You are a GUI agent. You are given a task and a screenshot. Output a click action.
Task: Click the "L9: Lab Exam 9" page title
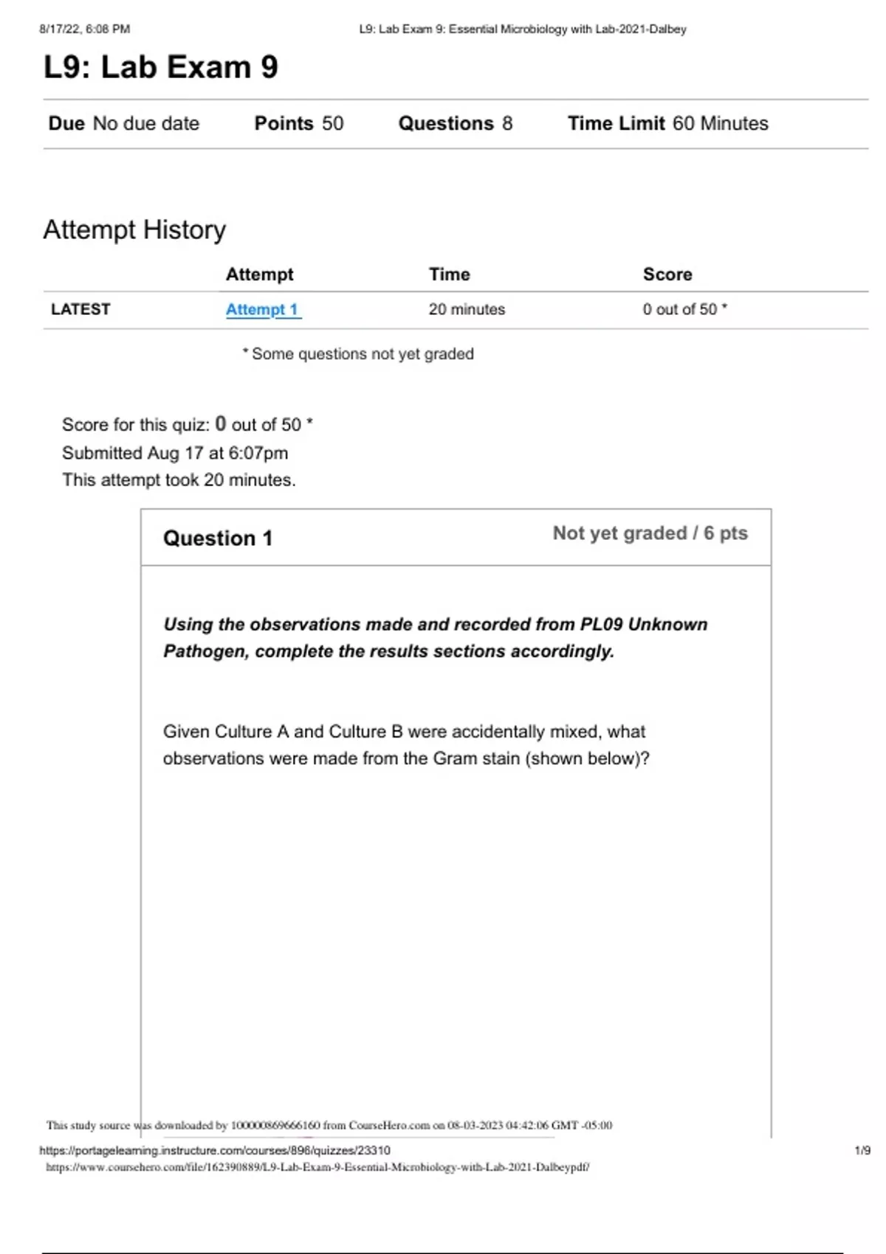pos(161,67)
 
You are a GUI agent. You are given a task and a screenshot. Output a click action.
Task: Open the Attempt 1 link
pos(262,310)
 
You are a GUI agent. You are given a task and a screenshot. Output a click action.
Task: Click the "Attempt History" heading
pos(134,229)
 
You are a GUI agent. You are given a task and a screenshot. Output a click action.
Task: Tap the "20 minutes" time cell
pos(467,310)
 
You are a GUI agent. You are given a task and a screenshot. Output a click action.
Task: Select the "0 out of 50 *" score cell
pos(684,310)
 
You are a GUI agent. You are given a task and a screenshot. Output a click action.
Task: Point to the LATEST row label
pos(80,310)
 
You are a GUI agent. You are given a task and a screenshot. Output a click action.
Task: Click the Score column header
pos(667,274)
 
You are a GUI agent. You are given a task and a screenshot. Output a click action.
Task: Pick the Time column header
pos(449,274)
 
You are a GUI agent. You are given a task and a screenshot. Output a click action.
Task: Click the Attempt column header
pos(259,274)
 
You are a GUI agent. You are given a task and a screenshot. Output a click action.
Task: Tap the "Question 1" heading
pos(218,538)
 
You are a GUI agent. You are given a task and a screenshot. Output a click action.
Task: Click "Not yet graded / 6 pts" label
pos(650,533)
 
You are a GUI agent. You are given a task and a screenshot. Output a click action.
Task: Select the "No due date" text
pos(146,123)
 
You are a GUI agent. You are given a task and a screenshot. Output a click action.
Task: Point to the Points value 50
pos(333,123)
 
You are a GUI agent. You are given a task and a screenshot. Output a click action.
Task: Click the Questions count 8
pos(507,123)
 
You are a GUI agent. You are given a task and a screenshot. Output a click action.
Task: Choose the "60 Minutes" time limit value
pos(720,123)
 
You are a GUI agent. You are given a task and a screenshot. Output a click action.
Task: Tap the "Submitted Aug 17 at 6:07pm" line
pos(175,453)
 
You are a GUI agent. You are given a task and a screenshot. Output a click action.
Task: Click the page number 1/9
pos(862,1150)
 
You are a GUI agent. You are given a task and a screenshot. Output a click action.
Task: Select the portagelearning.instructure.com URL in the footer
pos(215,1150)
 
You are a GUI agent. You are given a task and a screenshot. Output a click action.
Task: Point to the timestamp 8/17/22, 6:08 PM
pos(84,30)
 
